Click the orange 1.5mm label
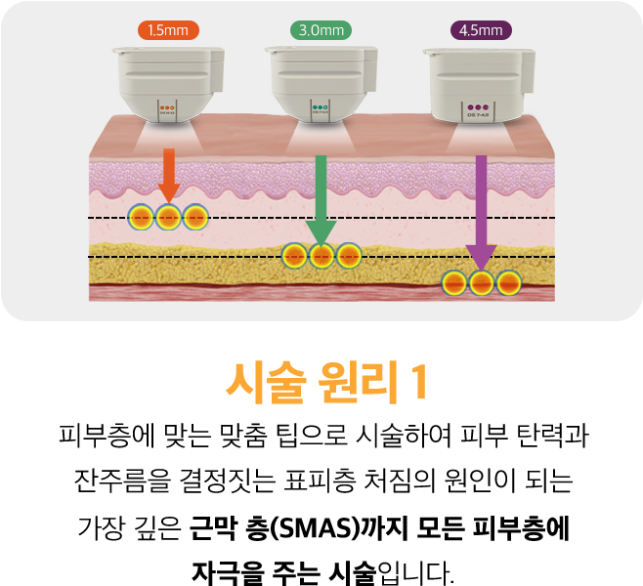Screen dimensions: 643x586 tap(167, 30)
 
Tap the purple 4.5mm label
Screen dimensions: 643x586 tap(480, 30)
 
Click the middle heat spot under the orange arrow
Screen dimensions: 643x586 tap(168, 216)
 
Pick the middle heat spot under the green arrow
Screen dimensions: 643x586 tap(321, 256)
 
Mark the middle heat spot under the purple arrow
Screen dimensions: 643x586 tap(480, 283)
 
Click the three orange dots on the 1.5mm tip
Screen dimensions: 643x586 tap(167, 107)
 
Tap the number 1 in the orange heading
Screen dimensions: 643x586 tap(418, 383)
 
